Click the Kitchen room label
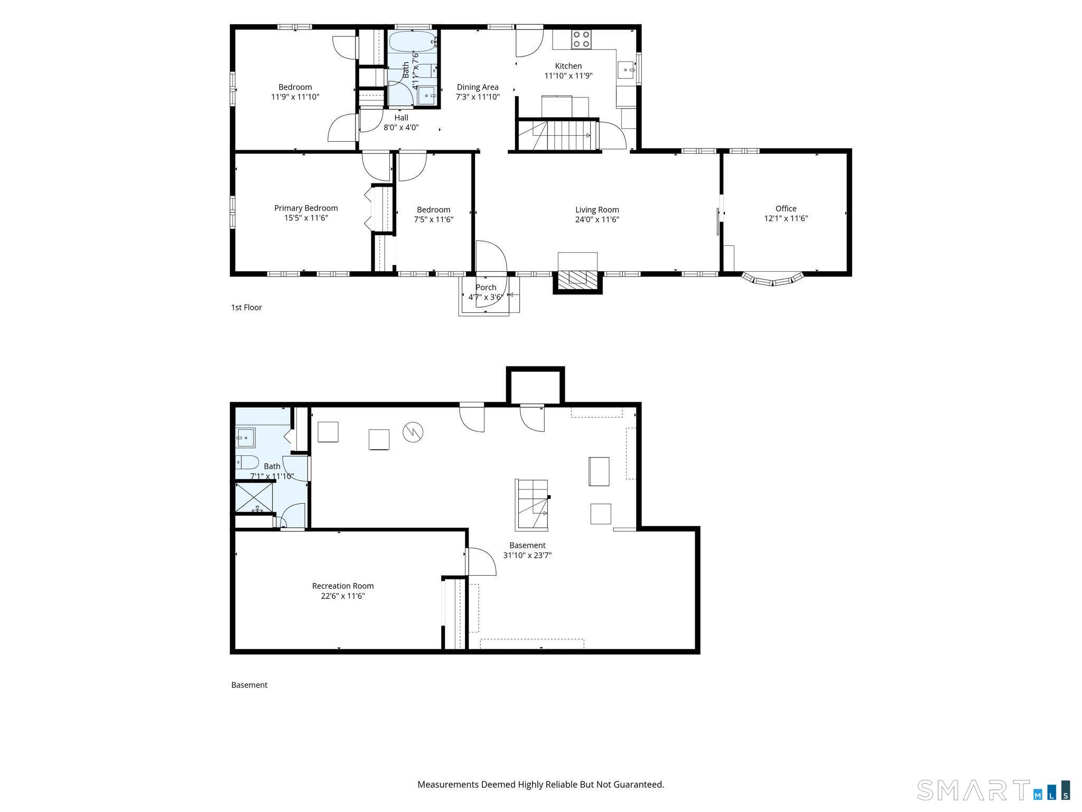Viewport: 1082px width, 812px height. (x=568, y=66)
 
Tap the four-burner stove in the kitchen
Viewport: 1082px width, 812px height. (x=582, y=39)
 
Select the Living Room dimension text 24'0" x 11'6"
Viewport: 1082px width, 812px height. (x=597, y=219)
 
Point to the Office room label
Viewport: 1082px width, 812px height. (x=786, y=208)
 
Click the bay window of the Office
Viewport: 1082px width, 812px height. (x=772, y=279)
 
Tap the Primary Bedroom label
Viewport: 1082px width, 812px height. (x=306, y=208)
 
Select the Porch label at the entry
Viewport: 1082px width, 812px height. (x=486, y=288)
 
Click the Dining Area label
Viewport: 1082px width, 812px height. (x=478, y=87)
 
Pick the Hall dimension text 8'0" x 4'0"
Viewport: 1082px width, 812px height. (x=401, y=127)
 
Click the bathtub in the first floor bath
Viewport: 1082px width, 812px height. (x=413, y=41)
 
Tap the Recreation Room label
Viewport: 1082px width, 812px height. (x=343, y=586)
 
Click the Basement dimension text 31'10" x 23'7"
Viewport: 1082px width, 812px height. (x=527, y=555)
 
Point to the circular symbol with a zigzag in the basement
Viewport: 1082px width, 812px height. (x=413, y=432)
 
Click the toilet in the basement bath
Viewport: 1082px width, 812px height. (x=247, y=462)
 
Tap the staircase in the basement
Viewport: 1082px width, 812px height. (x=532, y=504)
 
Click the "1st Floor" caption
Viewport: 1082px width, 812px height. (x=246, y=307)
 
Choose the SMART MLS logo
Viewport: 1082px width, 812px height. (x=994, y=790)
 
